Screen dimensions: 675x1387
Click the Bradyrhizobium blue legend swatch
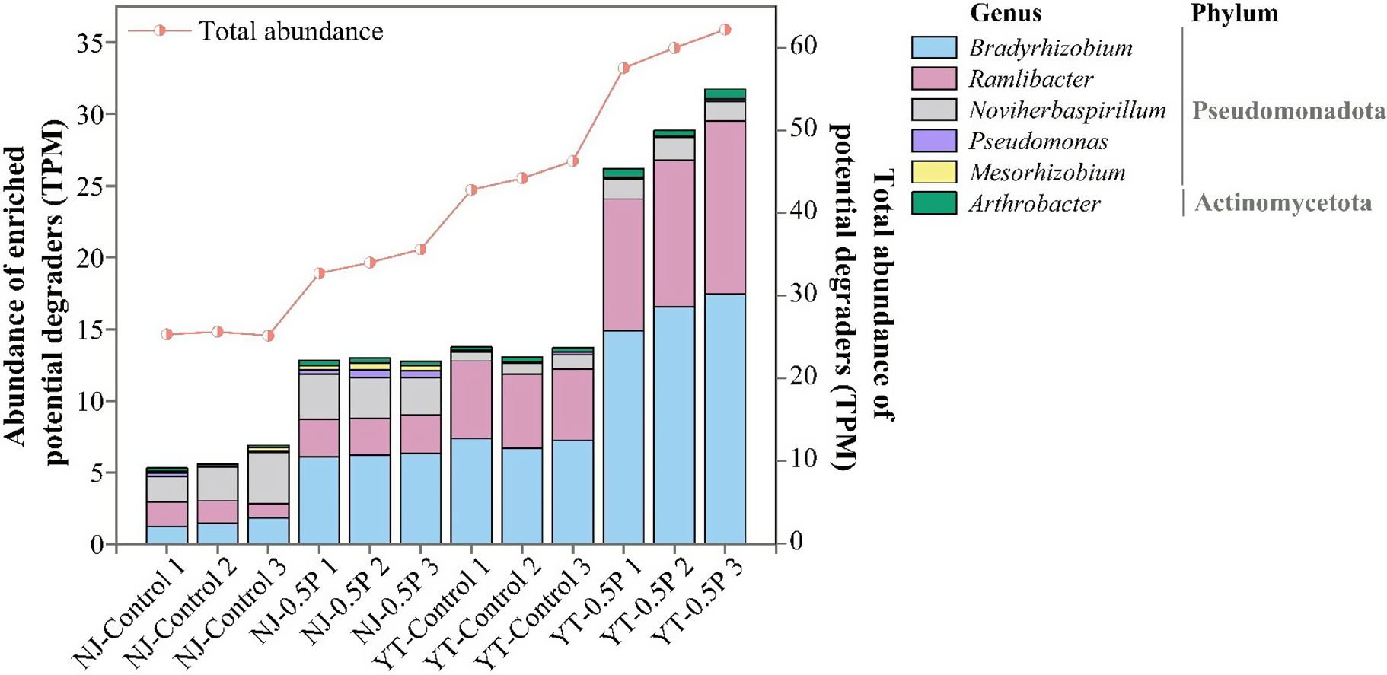(x=933, y=47)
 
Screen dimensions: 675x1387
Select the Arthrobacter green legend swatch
(x=933, y=203)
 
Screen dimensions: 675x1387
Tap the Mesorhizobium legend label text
(x=1047, y=172)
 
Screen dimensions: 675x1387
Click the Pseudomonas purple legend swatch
(x=933, y=141)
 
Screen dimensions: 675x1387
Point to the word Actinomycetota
(x=1283, y=202)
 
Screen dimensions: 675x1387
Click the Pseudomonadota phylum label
(x=1288, y=111)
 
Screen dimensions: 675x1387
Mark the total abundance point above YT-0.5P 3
(x=725, y=30)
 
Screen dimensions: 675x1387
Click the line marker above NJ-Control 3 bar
(x=268, y=336)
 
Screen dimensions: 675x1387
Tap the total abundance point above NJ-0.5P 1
(x=319, y=273)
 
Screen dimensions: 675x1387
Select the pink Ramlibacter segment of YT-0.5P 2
(x=674, y=233)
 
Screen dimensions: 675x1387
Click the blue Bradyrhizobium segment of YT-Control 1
(x=471, y=491)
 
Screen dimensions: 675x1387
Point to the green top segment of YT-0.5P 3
(x=725, y=94)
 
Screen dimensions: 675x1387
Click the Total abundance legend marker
(x=159, y=31)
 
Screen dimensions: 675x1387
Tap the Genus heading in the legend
(x=1005, y=13)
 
